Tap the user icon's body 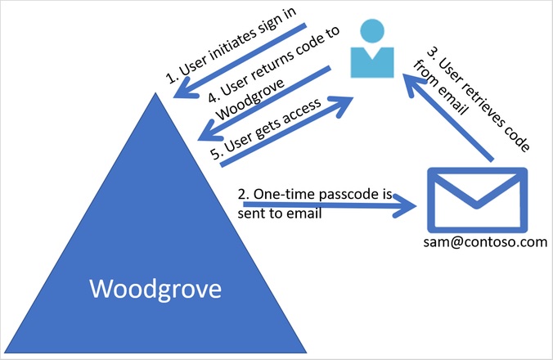(x=373, y=62)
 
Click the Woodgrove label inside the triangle (x=155, y=289)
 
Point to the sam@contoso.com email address (x=483, y=243)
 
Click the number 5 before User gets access (x=215, y=155)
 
